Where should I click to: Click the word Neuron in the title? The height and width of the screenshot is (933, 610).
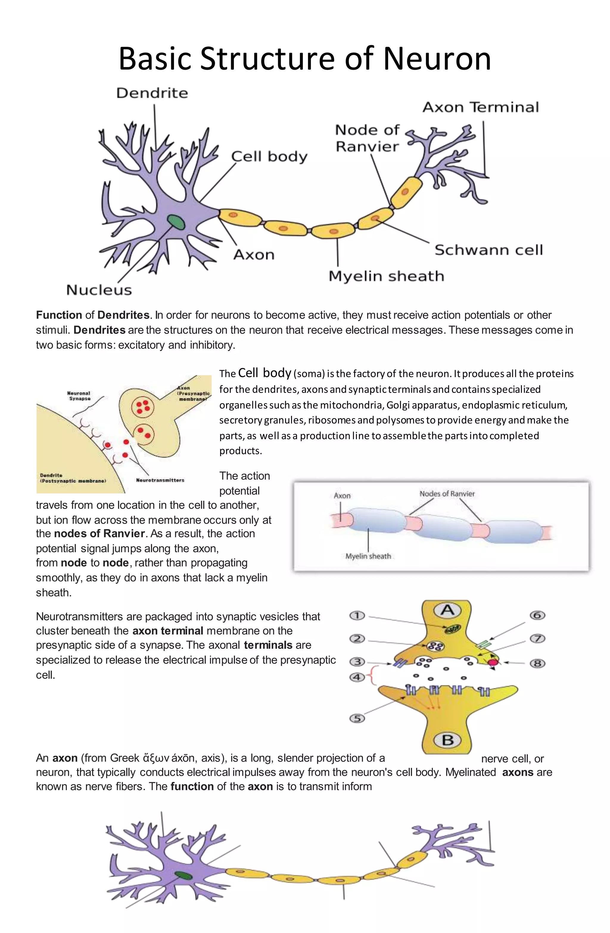437,59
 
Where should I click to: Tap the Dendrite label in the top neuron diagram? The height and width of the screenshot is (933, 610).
152,93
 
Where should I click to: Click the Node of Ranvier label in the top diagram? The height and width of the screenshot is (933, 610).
367,138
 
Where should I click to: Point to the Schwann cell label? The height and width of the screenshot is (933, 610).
488,250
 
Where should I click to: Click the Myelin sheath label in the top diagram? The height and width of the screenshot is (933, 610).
386,276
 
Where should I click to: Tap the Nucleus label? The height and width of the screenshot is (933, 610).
99,290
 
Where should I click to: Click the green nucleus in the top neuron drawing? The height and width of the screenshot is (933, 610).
176,222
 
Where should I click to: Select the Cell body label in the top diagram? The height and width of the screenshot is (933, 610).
269,156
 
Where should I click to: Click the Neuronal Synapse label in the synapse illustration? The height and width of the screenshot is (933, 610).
79,396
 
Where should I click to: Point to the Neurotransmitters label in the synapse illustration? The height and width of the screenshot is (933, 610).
160,480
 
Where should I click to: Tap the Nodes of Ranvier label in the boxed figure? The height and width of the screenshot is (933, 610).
447,494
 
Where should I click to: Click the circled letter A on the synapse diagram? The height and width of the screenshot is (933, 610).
447,610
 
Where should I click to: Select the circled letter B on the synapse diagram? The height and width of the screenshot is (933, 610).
447,740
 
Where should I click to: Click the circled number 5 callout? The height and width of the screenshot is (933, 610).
357,718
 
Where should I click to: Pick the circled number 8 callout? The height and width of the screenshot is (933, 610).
538,663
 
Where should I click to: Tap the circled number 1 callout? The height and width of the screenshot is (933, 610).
357,615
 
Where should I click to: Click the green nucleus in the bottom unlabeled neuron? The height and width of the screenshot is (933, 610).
183,875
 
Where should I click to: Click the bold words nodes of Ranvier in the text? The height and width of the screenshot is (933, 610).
99,534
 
